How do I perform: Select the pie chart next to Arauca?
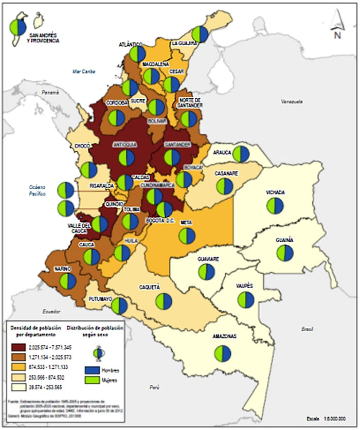(241, 154)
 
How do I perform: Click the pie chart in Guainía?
(285, 253)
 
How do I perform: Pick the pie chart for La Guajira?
(201, 34)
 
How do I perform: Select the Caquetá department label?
(150, 287)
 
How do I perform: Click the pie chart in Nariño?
(67, 281)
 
